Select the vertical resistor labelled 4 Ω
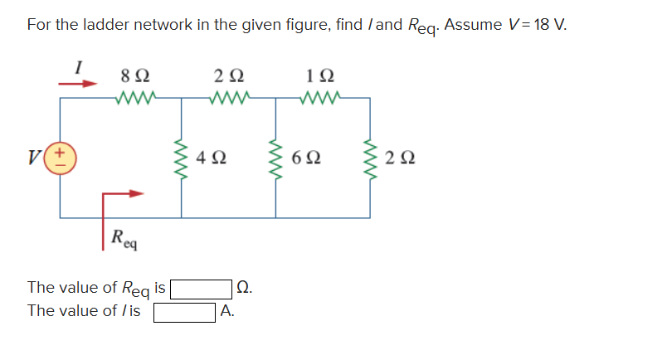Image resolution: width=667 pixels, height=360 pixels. pyautogui.click(x=182, y=158)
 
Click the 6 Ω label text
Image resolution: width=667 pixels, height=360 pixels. pyautogui.click(x=308, y=156)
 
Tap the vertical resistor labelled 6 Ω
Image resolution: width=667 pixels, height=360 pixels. pyautogui.click(x=275, y=158)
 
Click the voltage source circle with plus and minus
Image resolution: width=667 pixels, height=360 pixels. pyautogui.click(x=61, y=158)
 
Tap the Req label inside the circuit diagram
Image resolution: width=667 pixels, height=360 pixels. pyautogui.click(x=125, y=240)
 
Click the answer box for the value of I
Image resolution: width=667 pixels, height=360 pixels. pyautogui.click(x=183, y=312)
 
